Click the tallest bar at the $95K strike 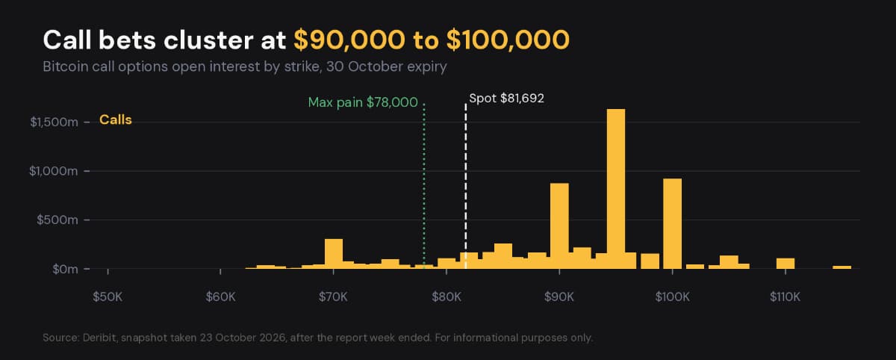(x=616, y=189)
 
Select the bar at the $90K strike (x=559, y=226)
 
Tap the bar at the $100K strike (x=673, y=223)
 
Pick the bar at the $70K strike (x=334, y=254)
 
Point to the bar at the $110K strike (x=785, y=263)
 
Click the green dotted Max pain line (x=424, y=186)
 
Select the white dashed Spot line (x=466, y=186)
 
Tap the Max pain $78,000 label (x=363, y=103)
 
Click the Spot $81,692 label (x=506, y=99)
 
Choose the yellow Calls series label (x=116, y=120)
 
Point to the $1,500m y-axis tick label (x=54, y=122)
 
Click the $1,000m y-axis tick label (x=53, y=171)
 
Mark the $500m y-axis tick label (x=57, y=220)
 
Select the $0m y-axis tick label (x=65, y=269)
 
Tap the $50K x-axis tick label (x=108, y=297)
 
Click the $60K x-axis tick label (x=220, y=297)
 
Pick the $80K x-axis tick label (x=447, y=297)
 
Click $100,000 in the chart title (x=508, y=40)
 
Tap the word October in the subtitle (x=375, y=66)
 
